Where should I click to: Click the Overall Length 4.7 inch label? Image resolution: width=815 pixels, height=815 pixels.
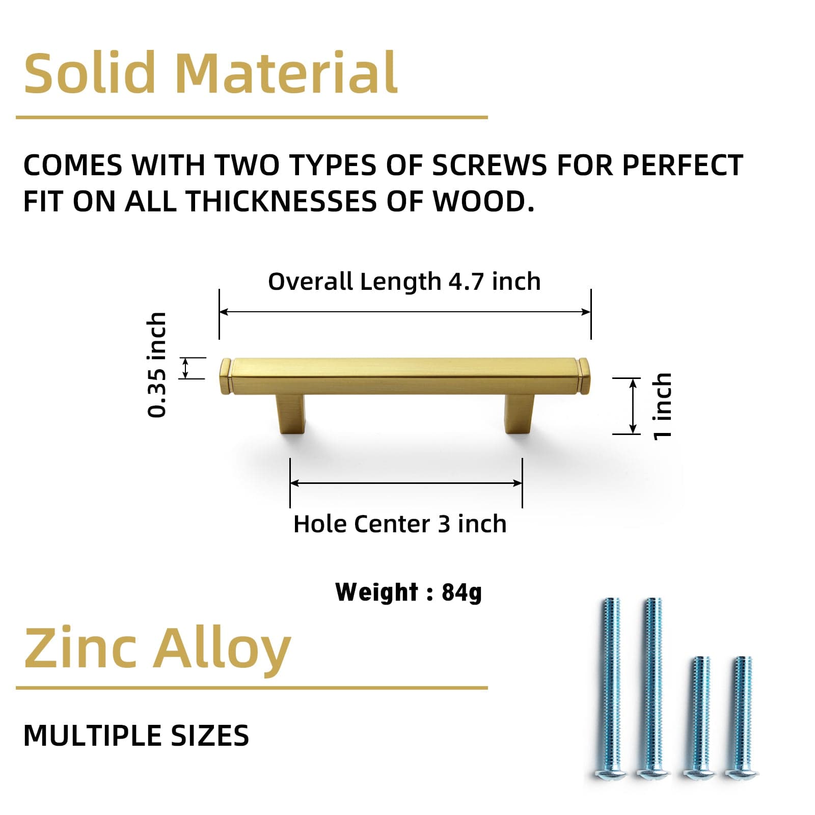click(x=404, y=282)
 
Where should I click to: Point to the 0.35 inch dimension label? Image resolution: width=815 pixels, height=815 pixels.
click(x=156, y=365)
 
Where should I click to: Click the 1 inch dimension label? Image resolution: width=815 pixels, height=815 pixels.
click(x=662, y=406)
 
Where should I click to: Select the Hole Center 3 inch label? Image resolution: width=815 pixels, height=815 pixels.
click(x=400, y=524)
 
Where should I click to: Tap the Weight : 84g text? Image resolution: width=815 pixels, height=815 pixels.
click(x=409, y=592)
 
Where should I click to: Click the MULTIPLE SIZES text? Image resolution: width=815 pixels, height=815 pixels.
click(x=136, y=736)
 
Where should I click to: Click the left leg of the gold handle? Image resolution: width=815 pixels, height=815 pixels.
click(x=291, y=413)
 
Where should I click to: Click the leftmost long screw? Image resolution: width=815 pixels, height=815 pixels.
click(x=611, y=688)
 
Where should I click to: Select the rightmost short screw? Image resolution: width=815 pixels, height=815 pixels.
click(x=741, y=718)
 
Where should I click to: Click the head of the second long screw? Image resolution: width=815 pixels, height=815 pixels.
click(x=653, y=773)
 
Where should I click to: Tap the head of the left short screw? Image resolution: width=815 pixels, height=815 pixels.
click(x=699, y=773)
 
